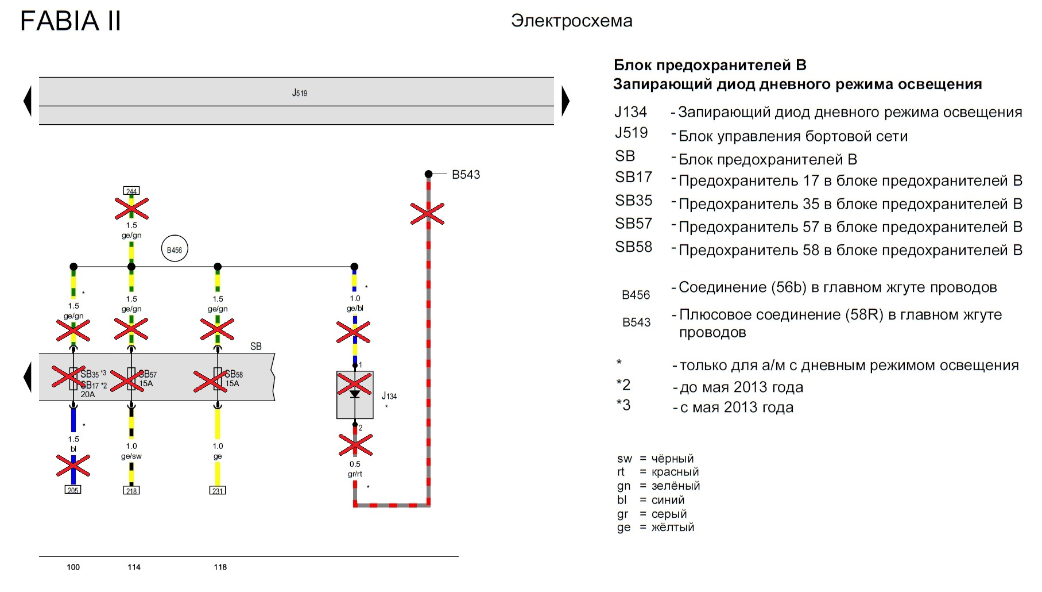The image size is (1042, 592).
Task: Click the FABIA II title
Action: (x=71, y=21)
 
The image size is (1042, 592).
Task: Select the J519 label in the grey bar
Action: (x=300, y=93)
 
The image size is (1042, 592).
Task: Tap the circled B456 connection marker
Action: (x=175, y=249)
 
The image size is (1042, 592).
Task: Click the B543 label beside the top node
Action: (x=466, y=175)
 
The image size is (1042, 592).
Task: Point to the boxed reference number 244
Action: (x=131, y=191)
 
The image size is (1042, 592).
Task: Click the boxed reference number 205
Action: (x=73, y=490)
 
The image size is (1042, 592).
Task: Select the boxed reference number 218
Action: (x=131, y=490)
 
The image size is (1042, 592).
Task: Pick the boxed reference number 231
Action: (x=218, y=490)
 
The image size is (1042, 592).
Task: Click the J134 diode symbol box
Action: (x=355, y=395)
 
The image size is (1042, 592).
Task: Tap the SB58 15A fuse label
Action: (x=234, y=379)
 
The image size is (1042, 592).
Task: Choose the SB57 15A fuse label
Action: (x=148, y=379)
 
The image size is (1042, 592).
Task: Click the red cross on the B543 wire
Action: (x=428, y=214)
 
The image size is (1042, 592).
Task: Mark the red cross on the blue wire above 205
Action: (x=73, y=466)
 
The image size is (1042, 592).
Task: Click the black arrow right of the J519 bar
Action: (x=565, y=101)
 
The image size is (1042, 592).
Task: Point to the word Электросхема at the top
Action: (x=572, y=21)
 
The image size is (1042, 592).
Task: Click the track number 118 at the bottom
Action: (x=220, y=567)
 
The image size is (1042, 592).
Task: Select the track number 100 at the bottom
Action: (x=73, y=567)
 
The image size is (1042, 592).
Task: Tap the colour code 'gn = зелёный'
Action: (x=658, y=486)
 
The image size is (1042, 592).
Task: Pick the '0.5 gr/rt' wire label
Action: (x=355, y=469)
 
